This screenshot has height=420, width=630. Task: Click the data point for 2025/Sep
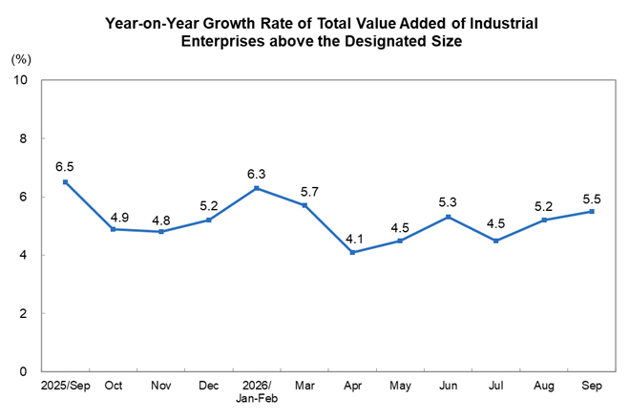(66, 182)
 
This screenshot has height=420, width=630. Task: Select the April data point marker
(352, 252)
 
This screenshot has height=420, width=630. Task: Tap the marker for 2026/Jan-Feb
(257, 188)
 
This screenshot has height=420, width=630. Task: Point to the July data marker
(495, 241)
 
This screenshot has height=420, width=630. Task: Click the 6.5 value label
(65, 167)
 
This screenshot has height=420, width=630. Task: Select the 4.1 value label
(354, 240)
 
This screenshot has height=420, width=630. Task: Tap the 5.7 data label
(309, 192)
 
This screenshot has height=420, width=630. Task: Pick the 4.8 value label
(161, 220)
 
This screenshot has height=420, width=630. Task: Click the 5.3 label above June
(448, 202)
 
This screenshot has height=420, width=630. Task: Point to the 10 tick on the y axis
(20, 80)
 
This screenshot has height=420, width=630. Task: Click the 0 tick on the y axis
(23, 371)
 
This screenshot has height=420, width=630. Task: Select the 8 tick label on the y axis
(23, 138)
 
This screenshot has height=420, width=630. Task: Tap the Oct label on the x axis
(114, 386)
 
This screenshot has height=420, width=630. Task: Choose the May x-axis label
(400, 386)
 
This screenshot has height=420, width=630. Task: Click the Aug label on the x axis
(544, 386)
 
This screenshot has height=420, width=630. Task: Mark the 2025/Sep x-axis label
(66, 386)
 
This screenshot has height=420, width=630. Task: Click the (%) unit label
(21, 60)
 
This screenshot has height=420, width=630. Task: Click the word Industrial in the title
(504, 23)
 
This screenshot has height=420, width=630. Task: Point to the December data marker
(208, 220)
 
